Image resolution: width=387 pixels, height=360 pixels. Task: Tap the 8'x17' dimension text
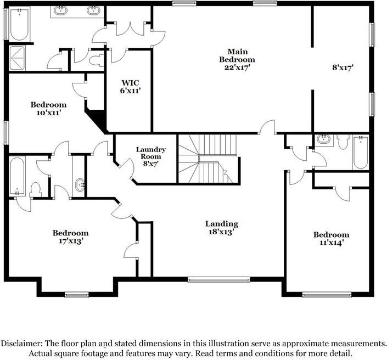(343, 68)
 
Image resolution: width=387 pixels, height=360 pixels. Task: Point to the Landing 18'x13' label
(222, 228)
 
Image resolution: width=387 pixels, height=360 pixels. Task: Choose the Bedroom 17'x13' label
(70, 237)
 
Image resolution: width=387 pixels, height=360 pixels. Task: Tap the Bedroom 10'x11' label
(48, 108)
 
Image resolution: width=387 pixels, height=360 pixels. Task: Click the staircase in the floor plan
(209, 159)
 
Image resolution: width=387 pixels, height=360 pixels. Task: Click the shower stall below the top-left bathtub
(20, 57)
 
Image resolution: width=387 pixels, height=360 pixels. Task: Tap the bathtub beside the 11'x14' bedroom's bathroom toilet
(360, 152)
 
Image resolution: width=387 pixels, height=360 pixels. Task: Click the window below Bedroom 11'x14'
(327, 295)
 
